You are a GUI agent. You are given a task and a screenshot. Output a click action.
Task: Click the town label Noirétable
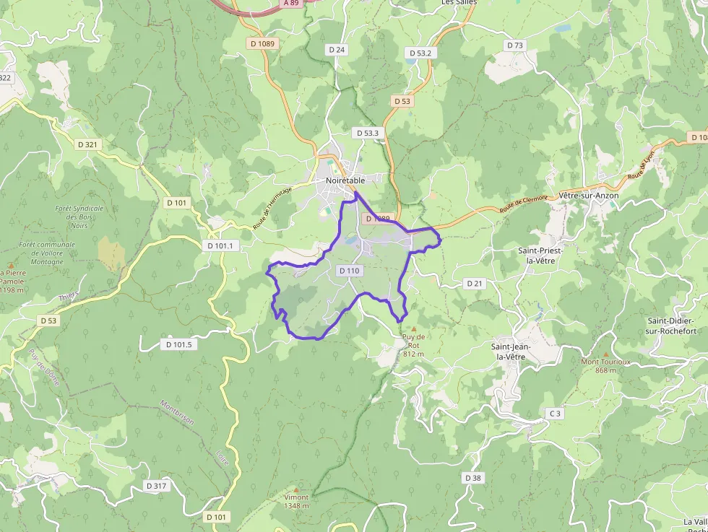coord(345,180)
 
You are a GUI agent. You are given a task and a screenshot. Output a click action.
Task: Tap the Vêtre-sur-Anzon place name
coord(589,196)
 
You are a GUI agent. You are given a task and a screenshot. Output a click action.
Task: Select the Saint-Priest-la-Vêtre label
coord(540,256)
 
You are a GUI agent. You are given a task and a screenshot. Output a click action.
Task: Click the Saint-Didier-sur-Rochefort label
coord(670,326)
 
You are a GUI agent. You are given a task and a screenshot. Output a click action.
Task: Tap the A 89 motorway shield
coord(291,3)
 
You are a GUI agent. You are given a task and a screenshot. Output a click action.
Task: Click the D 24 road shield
coord(337,50)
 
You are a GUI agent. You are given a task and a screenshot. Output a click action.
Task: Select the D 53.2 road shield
coord(420,53)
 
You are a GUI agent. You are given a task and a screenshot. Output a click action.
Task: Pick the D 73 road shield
coord(514,45)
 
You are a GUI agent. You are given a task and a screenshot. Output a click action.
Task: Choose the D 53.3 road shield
coord(367,134)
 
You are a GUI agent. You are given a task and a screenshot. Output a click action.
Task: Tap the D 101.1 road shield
coord(222,245)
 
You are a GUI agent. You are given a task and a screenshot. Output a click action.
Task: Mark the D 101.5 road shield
coord(178,344)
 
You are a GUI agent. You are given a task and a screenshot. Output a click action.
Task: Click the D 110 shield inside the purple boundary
coord(348,271)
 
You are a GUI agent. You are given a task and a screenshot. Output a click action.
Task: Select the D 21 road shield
coord(474,283)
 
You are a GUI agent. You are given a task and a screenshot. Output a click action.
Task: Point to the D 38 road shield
coord(472,478)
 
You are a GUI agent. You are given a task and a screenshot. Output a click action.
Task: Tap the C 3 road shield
coord(554,413)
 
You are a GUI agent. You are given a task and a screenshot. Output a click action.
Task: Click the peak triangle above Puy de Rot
coord(414,329)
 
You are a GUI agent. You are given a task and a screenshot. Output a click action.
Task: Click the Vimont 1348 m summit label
coord(296,501)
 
